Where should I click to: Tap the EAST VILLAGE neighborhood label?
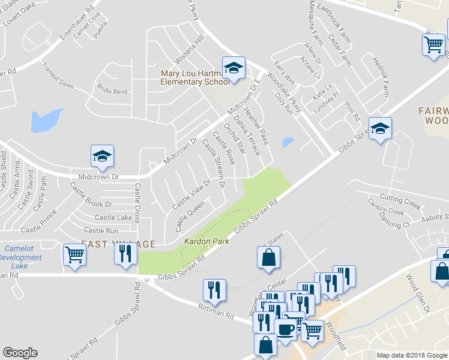pos(118,244)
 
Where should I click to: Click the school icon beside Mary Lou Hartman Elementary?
pos(234,68)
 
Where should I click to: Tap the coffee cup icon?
pos(285,329)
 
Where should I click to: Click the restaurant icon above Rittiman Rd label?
pos(214,290)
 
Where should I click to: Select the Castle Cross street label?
pos(137,203)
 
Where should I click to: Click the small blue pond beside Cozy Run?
pos(288,142)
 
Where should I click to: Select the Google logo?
pos(20,353)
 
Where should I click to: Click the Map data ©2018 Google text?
pos(411,355)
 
